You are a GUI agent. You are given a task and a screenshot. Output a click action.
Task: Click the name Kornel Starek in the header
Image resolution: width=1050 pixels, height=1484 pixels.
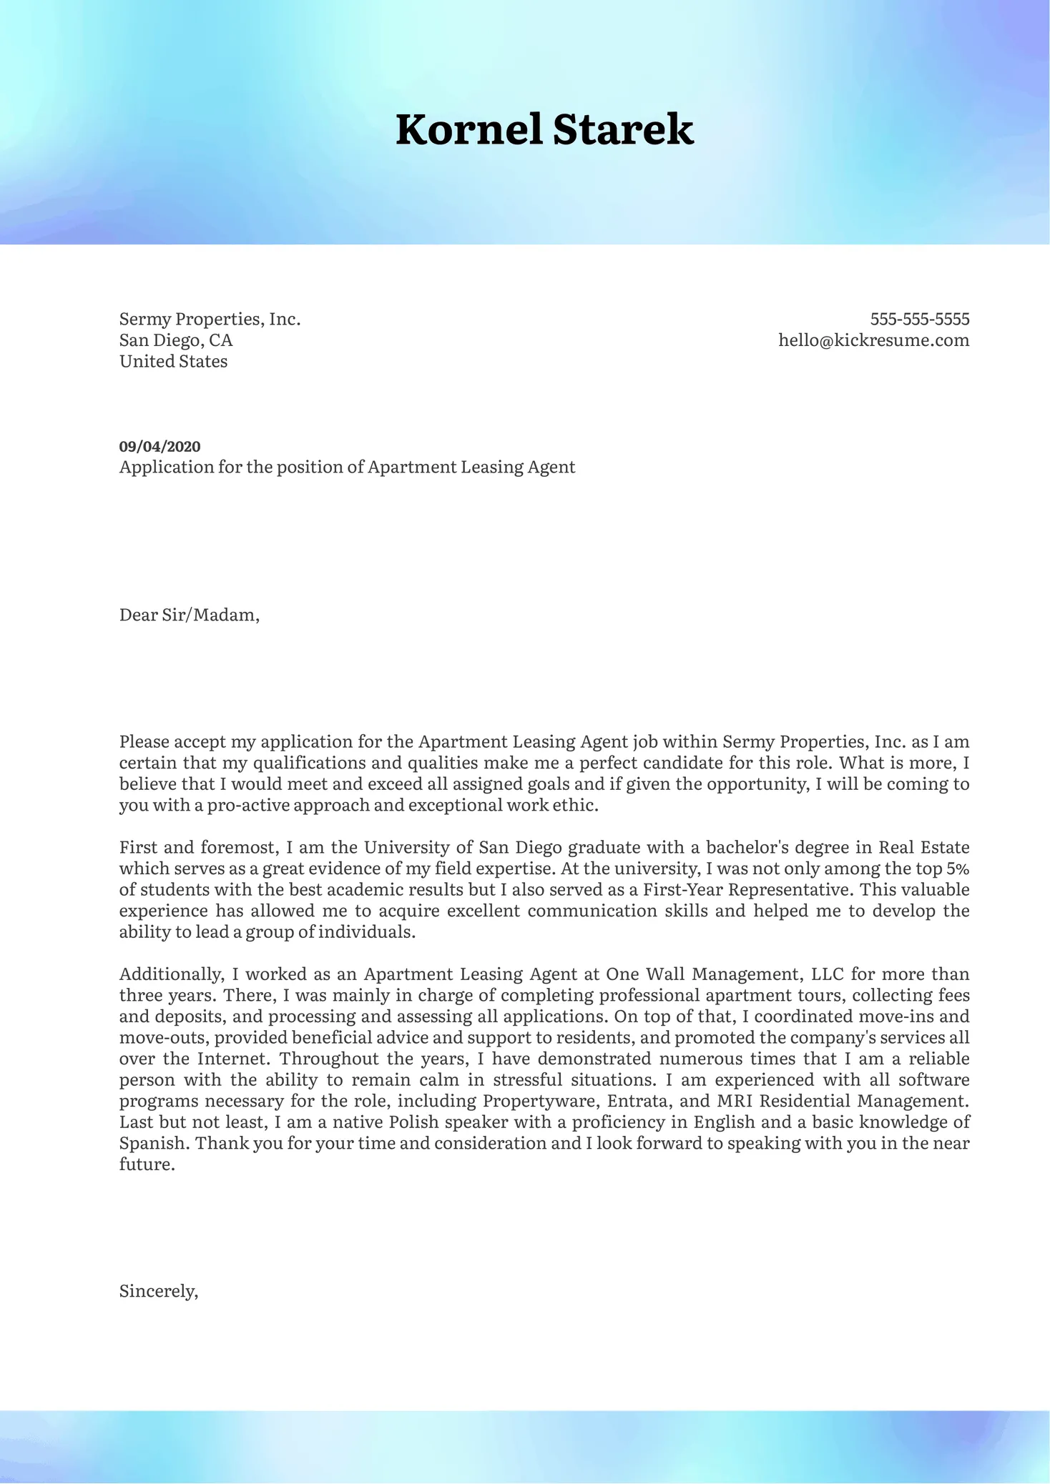(544, 130)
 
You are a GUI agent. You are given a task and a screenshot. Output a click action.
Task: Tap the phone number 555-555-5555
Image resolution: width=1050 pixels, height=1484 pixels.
(919, 319)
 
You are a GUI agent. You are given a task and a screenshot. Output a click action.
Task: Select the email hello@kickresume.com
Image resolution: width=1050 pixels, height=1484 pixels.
(873, 340)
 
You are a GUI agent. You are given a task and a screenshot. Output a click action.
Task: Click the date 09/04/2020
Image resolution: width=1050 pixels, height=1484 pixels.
(160, 447)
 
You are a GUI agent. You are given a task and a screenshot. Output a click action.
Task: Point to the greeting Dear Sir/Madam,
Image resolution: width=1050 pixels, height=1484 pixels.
(189, 615)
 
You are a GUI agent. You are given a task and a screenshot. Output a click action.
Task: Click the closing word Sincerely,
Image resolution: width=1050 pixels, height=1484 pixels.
(158, 1291)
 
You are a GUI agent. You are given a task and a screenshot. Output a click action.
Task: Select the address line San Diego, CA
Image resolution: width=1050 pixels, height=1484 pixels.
(176, 340)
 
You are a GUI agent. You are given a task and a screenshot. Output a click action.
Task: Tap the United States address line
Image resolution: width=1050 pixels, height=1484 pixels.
(173, 362)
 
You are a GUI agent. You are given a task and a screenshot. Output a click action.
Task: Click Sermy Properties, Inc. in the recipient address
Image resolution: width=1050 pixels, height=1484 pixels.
(210, 319)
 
